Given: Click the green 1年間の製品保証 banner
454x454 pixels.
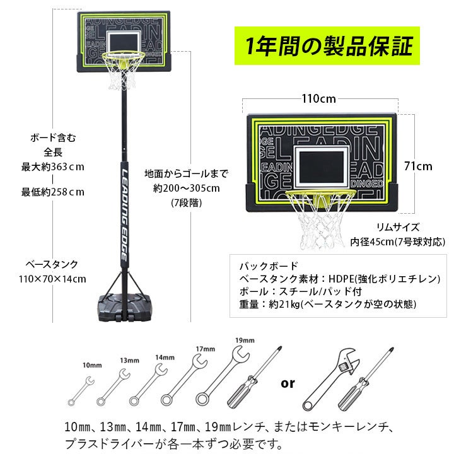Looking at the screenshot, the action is click(327, 46).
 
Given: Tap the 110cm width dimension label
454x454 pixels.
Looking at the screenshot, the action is click(319, 99).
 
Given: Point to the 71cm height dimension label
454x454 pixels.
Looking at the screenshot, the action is click(418, 166).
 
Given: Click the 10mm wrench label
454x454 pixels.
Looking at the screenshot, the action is click(92, 365).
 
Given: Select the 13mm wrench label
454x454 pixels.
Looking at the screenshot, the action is click(129, 361).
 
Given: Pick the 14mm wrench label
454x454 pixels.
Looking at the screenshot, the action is click(165, 358).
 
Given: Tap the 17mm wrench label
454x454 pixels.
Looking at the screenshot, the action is click(206, 349).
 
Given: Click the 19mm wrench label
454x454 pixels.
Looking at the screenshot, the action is click(245, 340).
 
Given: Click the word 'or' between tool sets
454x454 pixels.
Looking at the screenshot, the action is click(288, 383).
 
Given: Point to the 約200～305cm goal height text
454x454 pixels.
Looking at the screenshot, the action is click(186, 189).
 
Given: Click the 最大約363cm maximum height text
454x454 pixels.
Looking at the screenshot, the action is click(53, 167).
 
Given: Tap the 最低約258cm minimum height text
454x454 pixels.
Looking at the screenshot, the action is click(53, 192).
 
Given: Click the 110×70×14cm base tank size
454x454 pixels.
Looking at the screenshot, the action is click(52, 279).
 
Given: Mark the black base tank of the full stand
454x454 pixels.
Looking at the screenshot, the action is click(124, 307).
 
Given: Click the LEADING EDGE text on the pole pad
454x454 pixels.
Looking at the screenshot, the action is click(124, 215).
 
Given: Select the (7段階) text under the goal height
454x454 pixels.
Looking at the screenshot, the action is click(186, 202).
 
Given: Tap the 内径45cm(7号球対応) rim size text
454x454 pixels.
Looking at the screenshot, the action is click(397, 242).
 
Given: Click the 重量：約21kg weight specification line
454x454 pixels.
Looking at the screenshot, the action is click(328, 305).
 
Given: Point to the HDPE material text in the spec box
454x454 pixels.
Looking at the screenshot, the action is click(341, 279).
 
